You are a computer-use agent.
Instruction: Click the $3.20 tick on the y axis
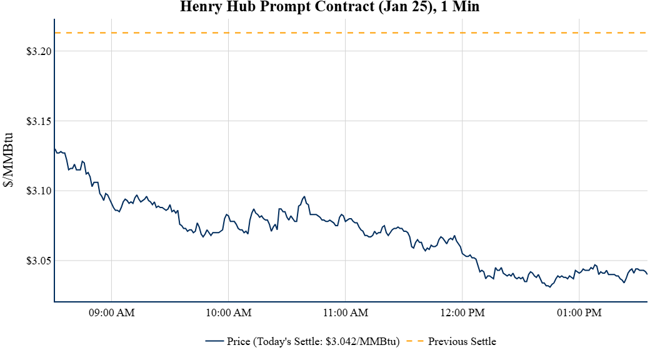coord(38,51)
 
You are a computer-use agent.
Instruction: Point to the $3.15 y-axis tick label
coord(38,121)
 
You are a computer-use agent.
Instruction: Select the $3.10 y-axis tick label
coord(38,191)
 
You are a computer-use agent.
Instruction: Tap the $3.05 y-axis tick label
coord(38,261)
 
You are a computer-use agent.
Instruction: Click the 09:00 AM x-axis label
coord(112,312)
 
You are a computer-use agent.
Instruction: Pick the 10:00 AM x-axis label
coord(229,312)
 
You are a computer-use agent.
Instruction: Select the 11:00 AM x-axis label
coord(346,312)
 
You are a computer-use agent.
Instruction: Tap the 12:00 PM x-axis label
coord(462,312)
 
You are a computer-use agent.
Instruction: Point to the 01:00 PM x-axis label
coord(579,312)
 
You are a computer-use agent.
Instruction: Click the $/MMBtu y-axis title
coord(9,160)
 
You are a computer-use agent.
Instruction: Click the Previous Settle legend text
coord(462,341)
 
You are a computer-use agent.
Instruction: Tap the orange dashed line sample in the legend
coord(414,341)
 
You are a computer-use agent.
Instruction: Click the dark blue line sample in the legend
coord(214,341)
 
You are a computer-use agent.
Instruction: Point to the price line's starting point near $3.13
coord(55,149)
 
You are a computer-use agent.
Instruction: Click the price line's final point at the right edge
coord(647,274)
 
